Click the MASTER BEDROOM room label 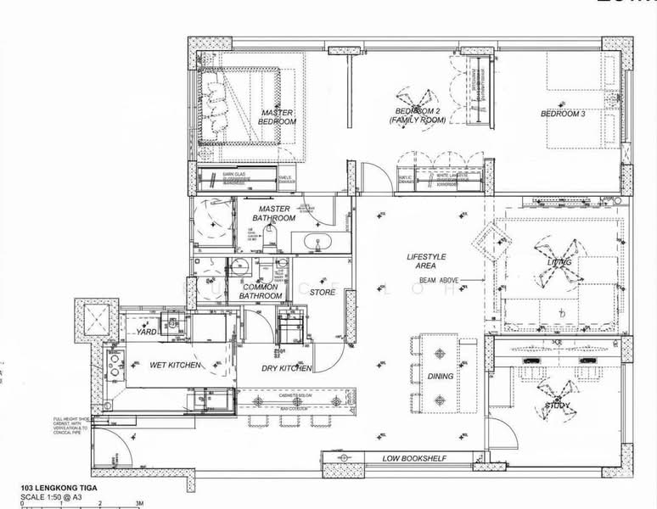coord(278,117)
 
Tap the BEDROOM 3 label coord(563,114)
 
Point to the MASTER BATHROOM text coord(274,214)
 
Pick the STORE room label coord(323,293)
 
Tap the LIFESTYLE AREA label coord(426,261)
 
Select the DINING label coord(441,377)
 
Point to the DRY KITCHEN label coord(286,368)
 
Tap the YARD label coord(146,332)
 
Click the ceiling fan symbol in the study coord(559,394)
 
